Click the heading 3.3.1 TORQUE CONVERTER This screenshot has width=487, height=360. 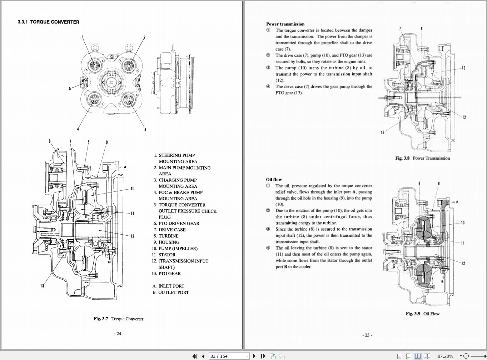48,22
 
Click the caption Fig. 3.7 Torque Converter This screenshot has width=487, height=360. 118,319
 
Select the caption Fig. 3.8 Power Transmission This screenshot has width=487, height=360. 422,158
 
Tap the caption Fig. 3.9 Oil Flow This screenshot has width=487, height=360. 422,314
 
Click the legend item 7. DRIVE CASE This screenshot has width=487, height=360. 170,230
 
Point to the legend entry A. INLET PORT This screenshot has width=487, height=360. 168,286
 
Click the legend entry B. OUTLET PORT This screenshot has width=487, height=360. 170,292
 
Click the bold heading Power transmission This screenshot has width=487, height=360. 285,24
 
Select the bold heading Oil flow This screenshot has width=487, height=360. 274,180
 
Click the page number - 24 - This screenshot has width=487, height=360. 119,334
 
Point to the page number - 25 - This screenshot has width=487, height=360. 367,335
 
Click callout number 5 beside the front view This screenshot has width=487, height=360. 70,89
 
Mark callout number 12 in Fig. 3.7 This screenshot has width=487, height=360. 132,236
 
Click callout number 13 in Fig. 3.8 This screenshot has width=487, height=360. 383,132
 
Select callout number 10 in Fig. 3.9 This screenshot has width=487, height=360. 463,223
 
